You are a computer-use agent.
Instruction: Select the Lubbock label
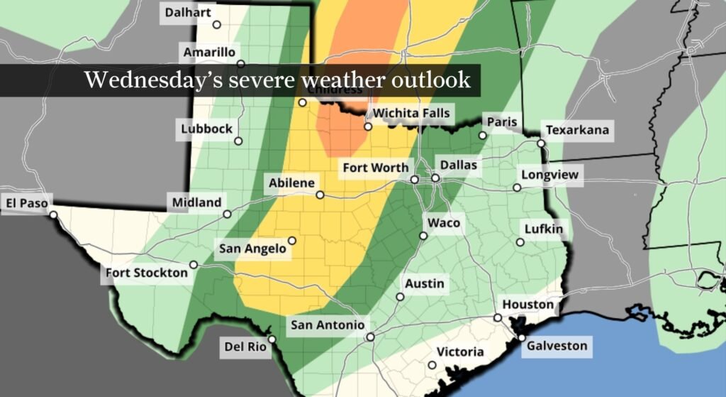point(206,129)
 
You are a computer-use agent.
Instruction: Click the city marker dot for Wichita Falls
point(368,127)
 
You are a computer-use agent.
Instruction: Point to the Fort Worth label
point(375,168)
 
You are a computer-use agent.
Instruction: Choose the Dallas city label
point(458,165)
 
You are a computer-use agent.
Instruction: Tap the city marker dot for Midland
point(228,214)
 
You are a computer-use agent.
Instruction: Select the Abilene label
point(291,183)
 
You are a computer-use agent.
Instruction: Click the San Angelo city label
point(252,248)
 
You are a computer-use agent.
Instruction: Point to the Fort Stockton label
point(147,273)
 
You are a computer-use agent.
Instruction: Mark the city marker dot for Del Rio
point(272,339)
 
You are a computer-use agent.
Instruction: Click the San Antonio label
point(328,325)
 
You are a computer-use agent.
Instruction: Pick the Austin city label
point(424,284)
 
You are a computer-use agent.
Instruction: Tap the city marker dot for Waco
point(423,236)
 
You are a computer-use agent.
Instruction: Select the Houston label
point(528,305)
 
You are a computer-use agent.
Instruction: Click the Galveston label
point(557,346)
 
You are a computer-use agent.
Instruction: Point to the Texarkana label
point(576,131)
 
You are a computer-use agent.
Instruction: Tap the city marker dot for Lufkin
point(520,242)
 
